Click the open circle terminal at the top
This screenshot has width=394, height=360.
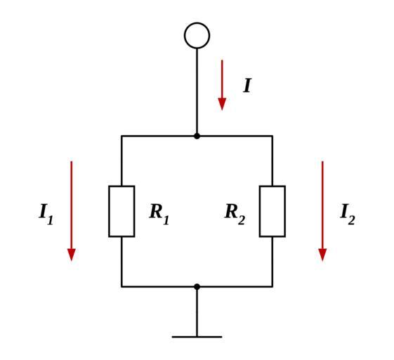point(197,23)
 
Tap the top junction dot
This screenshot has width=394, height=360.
point(197,136)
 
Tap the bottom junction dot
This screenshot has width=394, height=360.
point(197,287)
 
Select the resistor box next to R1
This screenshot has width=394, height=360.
point(109,212)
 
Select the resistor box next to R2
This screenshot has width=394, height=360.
point(260,212)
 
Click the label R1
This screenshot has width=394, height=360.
point(159,214)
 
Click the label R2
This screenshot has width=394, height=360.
point(235,214)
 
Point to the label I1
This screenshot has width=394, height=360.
point(46,214)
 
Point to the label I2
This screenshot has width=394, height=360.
point(348,214)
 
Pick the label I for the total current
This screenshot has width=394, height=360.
point(247,86)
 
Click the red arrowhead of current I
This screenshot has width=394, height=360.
point(222,104)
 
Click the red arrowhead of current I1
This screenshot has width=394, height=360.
point(72,255)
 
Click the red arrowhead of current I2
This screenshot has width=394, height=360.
point(322,255)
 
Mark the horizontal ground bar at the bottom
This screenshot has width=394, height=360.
point(197,337)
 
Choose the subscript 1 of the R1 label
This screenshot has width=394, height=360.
point(166,219)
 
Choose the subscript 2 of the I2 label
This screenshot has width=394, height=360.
point(351,219)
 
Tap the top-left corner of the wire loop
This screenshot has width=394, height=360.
point(122,136)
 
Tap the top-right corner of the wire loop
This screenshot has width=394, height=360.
point(272,136)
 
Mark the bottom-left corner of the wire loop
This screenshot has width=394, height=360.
point(122,287)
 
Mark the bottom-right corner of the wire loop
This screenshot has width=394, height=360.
point(272,287)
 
